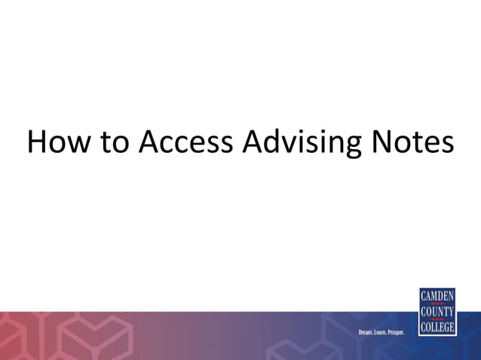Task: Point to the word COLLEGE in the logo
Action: [437, 328]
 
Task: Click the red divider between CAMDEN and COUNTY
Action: [437, 303]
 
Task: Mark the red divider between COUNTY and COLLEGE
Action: [437, 319]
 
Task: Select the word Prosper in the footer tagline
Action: [401, 332]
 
